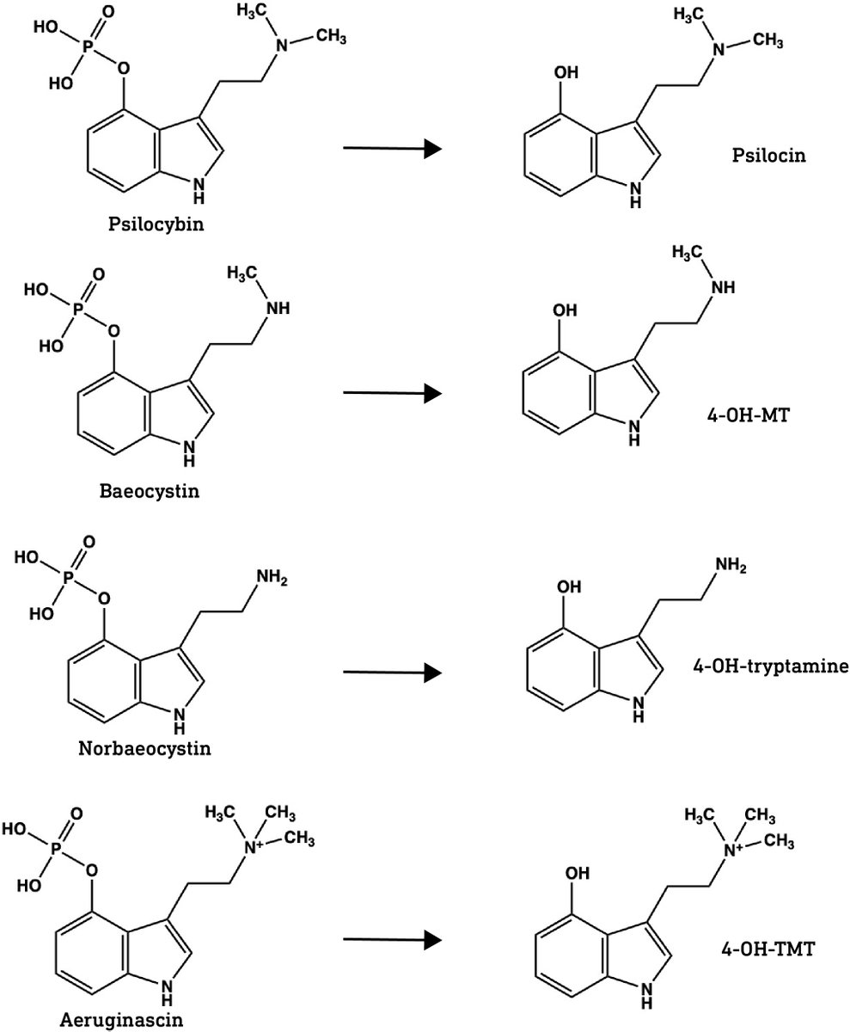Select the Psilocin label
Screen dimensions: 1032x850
(755, 156)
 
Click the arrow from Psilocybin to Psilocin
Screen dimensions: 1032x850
(392, 149)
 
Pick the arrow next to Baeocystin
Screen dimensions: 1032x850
(392, 394)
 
